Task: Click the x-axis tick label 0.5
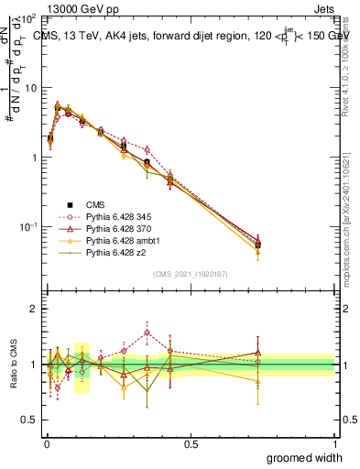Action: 191,443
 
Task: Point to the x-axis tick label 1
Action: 334,443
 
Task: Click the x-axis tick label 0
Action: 47,443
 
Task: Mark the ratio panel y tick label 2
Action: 33,309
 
